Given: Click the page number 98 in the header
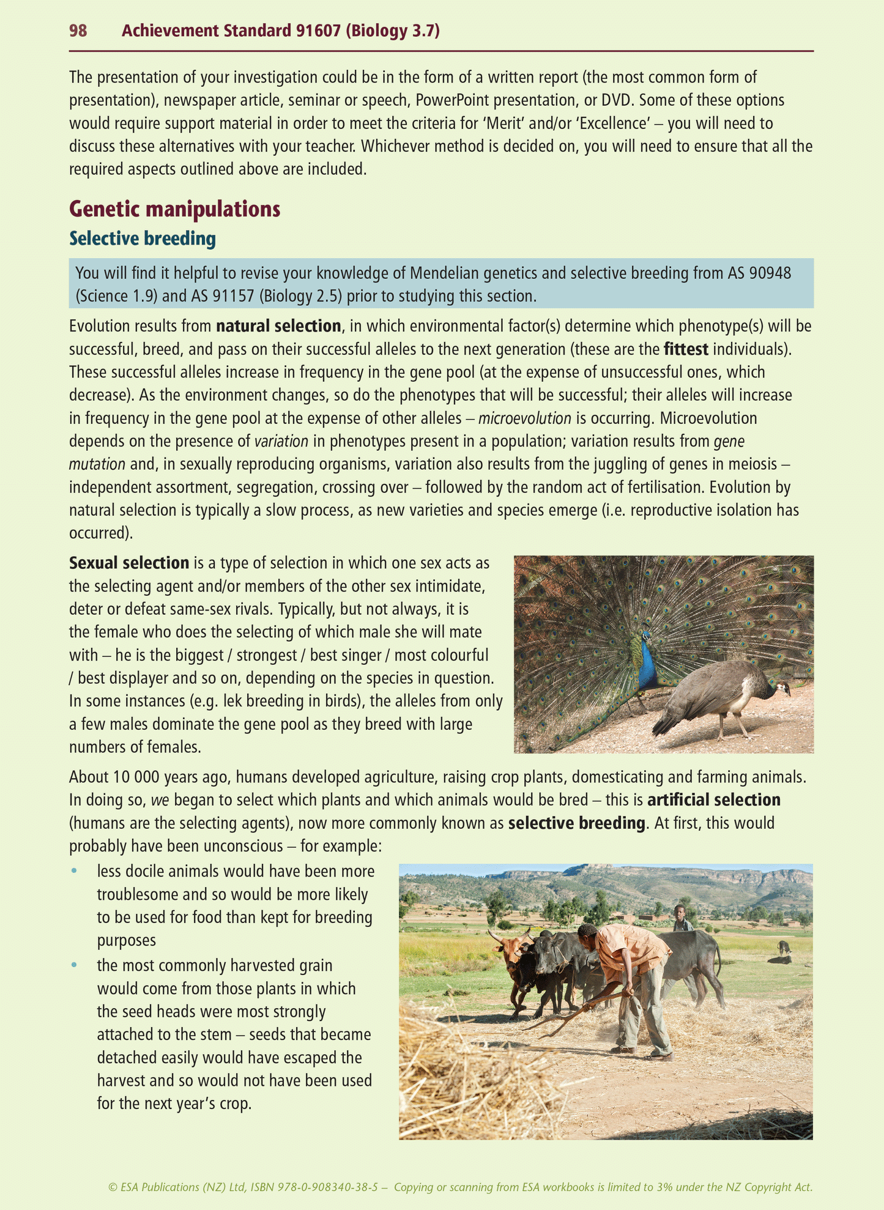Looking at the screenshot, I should click(x=78, y=31).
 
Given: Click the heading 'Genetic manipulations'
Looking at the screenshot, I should click(x=174, y=209).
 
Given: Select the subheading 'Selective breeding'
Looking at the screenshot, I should click(x=142, y=239).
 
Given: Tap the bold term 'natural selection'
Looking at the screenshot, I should click(x=278, y=326).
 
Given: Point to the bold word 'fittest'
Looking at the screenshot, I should click(x=686, y=349).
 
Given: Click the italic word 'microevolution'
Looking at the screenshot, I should click(x=524, y=418).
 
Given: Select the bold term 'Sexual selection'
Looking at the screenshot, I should click(x=128, y=563).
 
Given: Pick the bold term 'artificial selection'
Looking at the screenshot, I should click(x=714, y=800).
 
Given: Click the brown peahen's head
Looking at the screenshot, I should click(x=782, y=688).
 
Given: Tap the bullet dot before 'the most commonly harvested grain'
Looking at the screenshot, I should click(x=75, y=965).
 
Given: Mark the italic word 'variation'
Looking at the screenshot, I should click(x=281, y=441).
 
